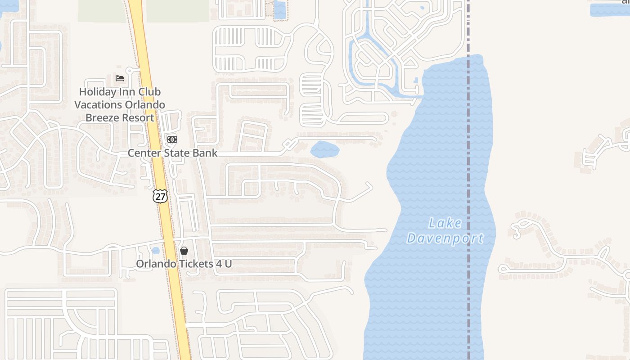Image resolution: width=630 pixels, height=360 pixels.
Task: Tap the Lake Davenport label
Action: point(445,230)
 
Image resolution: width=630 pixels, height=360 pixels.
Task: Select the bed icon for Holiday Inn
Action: point(120,78)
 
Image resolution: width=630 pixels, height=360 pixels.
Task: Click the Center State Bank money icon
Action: point(172,139)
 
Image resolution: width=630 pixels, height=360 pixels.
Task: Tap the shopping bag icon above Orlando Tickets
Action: point(184,251)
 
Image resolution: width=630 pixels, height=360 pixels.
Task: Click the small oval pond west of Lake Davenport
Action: point(325,149)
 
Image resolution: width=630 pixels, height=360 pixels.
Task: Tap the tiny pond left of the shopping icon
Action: point(156,250)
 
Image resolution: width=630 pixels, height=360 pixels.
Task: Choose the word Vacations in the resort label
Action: point(98,105)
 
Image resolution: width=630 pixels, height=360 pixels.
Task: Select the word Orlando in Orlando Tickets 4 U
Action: point(156,264)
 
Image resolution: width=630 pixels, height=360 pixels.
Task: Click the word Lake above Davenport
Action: point(445,223)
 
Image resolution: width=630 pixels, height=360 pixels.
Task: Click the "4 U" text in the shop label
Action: point(224,264)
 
